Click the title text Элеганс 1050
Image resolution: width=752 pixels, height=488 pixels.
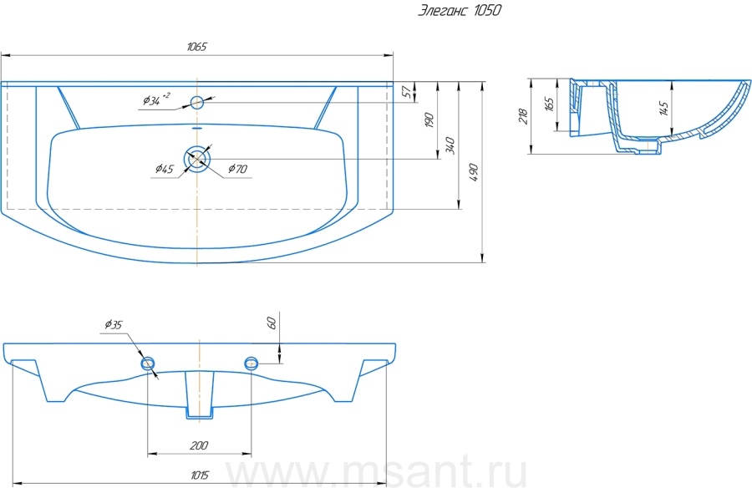[460, 11]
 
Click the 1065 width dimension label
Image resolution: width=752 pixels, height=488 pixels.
[196, 47]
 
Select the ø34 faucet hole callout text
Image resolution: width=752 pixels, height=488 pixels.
[156, 99]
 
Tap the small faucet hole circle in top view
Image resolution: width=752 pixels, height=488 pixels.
[197, 102]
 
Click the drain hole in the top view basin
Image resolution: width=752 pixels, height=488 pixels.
[197, 158]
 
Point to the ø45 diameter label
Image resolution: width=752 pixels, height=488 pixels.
[165, 169]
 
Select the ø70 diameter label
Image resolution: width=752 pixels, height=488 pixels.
[238, 169]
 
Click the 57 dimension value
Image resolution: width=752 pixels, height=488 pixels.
[407, 92]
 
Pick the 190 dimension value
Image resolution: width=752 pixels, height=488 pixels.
[429, 120]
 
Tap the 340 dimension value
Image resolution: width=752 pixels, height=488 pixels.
[450, 145]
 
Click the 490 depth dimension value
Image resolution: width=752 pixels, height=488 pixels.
[474, 172]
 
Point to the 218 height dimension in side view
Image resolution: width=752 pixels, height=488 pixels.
[523, 116]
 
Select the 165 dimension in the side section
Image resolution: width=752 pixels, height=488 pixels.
[550, 104]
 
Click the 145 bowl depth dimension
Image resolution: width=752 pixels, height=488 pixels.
[664, 108]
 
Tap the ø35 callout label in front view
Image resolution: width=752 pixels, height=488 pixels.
[114, 325]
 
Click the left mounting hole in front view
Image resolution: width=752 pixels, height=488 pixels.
[148, 363]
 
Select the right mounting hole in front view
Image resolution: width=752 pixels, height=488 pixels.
[252, 363]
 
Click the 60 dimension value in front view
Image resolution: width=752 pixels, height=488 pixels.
[272, 323]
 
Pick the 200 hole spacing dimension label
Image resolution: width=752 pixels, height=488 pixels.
[199, 445]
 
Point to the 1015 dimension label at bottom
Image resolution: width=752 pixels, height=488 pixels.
[200, 475]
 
